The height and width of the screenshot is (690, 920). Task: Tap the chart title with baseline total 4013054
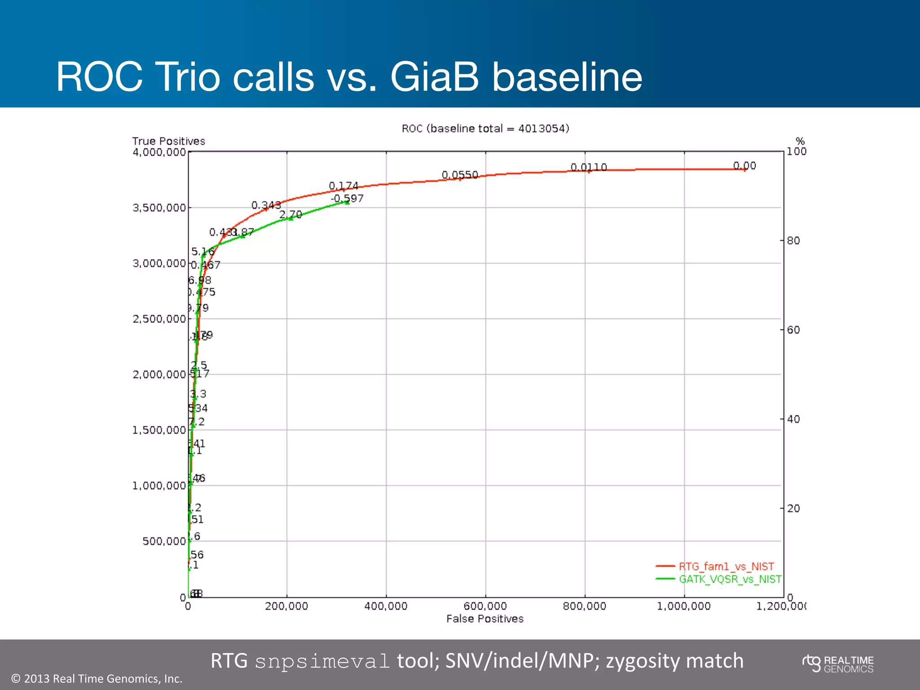click(485, 128)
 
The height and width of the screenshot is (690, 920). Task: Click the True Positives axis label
click(168, 141)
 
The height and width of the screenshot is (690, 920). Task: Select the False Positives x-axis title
click(485, 619)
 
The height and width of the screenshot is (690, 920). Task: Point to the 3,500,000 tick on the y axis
click(159, 208)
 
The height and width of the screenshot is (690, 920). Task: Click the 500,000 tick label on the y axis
click(164, 541)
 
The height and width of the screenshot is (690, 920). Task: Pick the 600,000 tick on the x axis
click(485, 606)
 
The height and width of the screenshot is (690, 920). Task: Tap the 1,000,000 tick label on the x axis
click(684, 606)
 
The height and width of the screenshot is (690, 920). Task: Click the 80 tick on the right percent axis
click(793, 240)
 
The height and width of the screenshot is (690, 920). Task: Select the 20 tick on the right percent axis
click(793, 509)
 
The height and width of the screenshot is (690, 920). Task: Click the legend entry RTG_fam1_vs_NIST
click(726, 566)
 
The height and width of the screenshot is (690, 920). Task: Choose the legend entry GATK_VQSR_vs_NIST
click(730, 579)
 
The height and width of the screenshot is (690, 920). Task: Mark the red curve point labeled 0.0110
click(589, 171)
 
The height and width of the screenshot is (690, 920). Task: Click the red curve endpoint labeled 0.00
click(744, 169)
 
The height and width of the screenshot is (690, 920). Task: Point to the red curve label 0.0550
click(460, 175)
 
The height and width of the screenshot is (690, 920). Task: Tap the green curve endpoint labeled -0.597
click(347, 203)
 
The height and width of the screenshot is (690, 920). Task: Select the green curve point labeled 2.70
click(290, 218)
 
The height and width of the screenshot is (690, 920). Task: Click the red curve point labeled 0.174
click(344, 190)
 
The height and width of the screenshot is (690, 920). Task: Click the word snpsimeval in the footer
click(322, 661)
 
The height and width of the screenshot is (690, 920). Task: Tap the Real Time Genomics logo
click(838, 664)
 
